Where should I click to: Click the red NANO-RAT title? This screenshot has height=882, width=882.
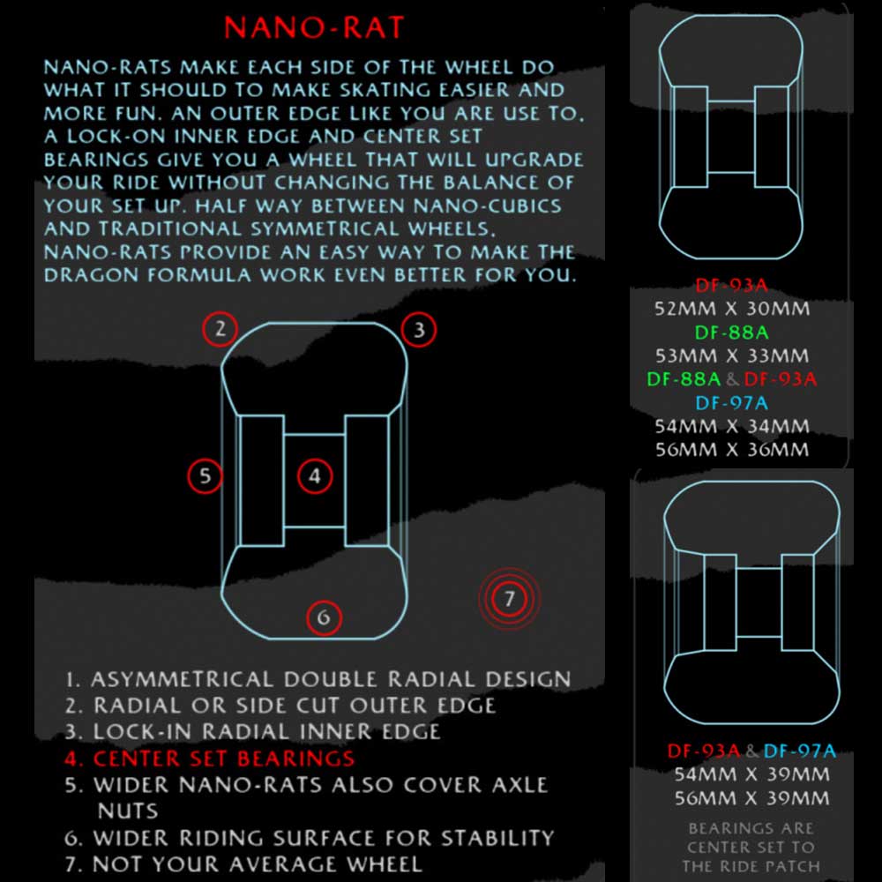tap(314, 27)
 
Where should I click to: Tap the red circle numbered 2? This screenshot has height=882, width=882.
tap(220, 329)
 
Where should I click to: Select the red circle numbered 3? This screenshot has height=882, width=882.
tap(418, 330)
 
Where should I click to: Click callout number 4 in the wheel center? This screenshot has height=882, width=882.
tap(315, 476)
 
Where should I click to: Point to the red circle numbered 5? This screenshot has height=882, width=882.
tap(205, 476)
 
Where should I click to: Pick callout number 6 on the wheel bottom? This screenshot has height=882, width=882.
tap(324, 617)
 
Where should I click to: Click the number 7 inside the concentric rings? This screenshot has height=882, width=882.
tap(509, 598)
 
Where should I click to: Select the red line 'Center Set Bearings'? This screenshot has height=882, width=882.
tap(209, 759)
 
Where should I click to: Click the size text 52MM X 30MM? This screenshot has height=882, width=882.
tap(732, 309)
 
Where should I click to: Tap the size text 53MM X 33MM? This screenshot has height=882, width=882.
tap(732, 356)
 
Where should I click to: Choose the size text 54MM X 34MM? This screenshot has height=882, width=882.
tap(732, 426)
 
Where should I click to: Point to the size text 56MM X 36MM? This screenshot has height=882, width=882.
tap(732, 450)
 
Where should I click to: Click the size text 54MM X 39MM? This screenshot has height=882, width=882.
tap(752, 774)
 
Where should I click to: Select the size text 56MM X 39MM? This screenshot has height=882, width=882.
tap(752, 798)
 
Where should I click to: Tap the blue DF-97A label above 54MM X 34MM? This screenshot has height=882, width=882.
tap(732, 403)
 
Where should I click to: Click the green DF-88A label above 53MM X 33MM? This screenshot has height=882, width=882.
tap(732, 333)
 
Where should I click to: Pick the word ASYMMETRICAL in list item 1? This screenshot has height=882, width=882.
tap(182, 679)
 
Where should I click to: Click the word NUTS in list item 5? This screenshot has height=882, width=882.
tap(128, 811)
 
